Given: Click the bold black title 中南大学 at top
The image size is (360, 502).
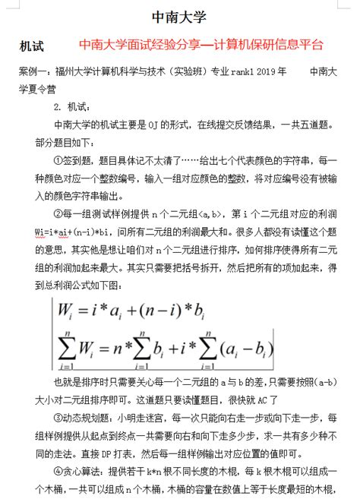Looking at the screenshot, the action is point(180,17).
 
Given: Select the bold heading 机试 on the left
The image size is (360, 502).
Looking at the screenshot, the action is point(34,47).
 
